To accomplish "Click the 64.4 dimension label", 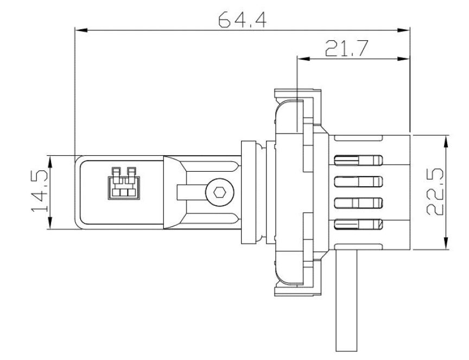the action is pyautogui.click(x=242, y=20).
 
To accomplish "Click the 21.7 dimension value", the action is pyautogui.click(x=346, y=48).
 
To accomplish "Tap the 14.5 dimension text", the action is pyautogui.click(x=40, y=191).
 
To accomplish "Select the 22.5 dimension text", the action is pyautogui.click(x=435, y=192).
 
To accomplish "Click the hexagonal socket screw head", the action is pyautogui.click(x=220, y=192).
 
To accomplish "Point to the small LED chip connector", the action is pyautogui.click(x=124, y=183).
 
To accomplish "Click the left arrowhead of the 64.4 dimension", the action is pyautogui.click(x=81, y=30).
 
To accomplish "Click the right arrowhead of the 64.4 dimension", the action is pyautogui.click(x=403, y=30).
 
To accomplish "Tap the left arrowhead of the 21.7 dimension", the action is pyautogui.click(x=303, y=59).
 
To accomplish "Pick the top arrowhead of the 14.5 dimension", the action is pyautogui.click(x=50, y=162).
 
